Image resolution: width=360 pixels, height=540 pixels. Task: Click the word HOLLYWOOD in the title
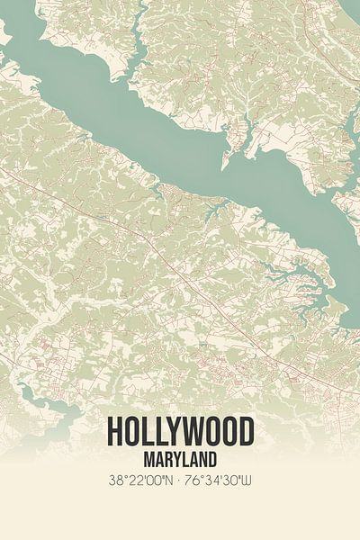coord(180,432)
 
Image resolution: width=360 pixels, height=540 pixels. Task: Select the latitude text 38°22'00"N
coord(142,481)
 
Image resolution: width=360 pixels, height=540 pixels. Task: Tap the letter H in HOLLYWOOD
coord(114,432)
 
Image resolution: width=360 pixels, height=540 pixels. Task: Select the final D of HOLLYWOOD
coord(246,432)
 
